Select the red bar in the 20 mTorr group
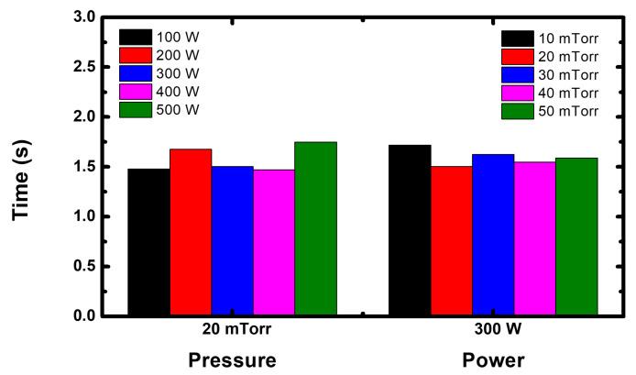click(x=191, y=232)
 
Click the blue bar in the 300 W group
click(x=493, y=235)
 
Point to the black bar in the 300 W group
click(x=410, y=230)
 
